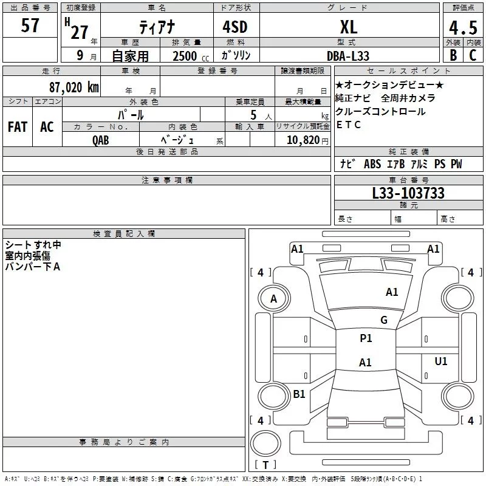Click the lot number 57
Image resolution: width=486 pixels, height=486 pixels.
30,26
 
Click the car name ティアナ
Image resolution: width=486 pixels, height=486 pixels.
156,27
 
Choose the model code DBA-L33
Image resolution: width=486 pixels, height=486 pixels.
347,55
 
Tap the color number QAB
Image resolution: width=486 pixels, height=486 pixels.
101,140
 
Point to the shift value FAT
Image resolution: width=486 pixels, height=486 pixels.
17,127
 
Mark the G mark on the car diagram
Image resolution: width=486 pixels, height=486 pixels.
383,320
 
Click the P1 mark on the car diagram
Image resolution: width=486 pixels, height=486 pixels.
366,338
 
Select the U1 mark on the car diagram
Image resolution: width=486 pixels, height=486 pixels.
440,361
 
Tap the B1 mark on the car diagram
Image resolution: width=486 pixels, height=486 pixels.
299,394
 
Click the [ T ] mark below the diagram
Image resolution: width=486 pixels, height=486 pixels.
265,465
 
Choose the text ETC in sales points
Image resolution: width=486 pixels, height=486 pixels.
349,125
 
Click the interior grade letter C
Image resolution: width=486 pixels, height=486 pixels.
472,55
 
